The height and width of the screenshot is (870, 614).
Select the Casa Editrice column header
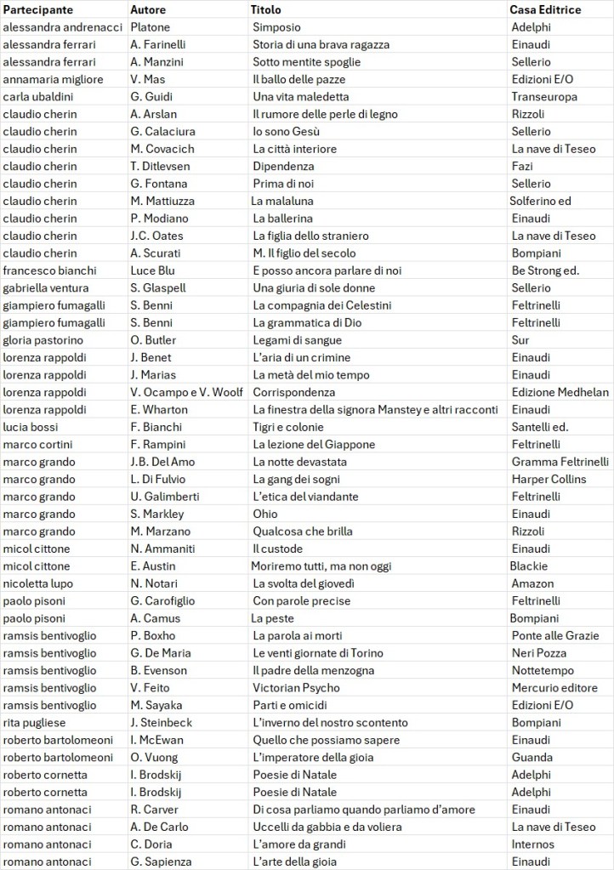[x=545, y=10]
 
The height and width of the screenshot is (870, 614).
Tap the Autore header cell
[x=148, y=10]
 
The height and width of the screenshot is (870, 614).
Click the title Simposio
[x=276, y=27]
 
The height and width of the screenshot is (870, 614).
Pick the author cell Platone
[x=151, y=27]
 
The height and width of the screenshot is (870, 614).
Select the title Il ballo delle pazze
[x=297, y=79]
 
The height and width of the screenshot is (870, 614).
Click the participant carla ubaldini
[x=38, y=97]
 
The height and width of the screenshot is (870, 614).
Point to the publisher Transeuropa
[x=544, y=97]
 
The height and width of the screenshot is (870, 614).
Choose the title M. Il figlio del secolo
[x=304, y=253]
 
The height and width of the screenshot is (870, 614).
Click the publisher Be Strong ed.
[x=545, y=270]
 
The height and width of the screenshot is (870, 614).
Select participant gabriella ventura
[x=46, y=287]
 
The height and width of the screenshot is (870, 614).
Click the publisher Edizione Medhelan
[x=560, y=392]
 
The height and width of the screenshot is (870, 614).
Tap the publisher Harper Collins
[x=549, y=479]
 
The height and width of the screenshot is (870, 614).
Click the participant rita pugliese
[x=35, y=722]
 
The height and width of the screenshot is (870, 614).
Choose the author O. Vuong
[x=154, y=757]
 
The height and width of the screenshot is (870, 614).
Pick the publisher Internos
[x=532, y=844]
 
